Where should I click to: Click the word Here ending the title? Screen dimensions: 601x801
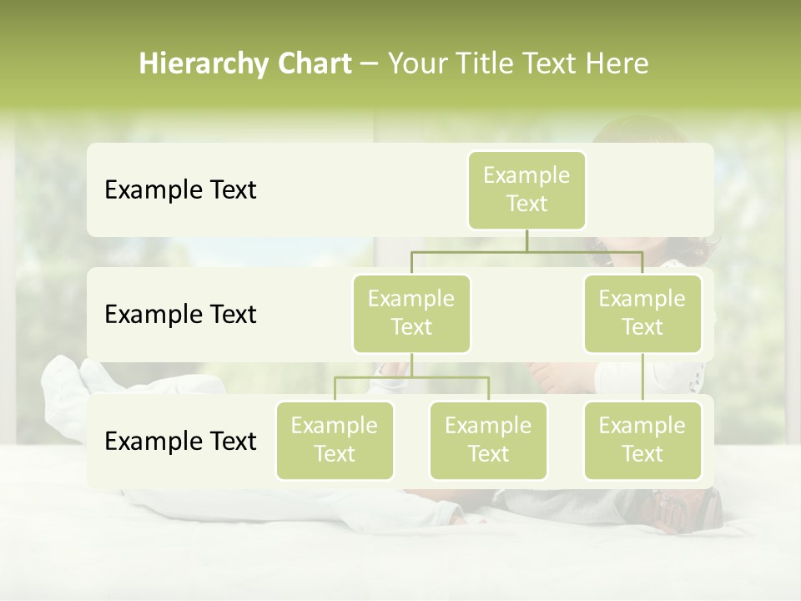click(617, 64)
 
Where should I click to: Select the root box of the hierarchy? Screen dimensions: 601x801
click(526, 190)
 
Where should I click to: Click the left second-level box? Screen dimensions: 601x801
click(411, 314)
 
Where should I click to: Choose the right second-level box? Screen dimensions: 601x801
click(642, 314)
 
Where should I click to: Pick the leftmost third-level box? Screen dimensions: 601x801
click(335, 441)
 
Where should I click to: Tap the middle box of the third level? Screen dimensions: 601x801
click(488, 441)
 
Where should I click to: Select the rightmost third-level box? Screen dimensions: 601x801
click(642, 441)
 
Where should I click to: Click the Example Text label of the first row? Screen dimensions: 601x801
click(180, 190)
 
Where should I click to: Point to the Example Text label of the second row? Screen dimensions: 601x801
click(180, 315)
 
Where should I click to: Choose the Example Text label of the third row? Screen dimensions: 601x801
click(180, 442)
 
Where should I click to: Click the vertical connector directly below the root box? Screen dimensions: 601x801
click(526, 240)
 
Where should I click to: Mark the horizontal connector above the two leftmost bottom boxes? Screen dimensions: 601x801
click(411, 377)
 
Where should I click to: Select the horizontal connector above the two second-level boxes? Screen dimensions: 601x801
click(526, 250)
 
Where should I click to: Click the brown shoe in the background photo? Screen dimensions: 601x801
click(689, 508)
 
